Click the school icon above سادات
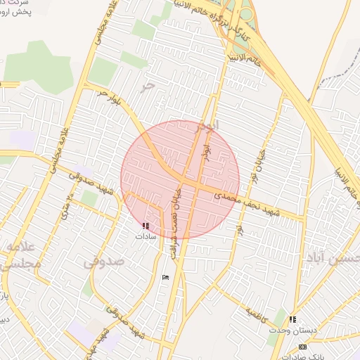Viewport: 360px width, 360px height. click(146, 226)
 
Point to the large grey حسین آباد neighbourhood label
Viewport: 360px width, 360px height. click(331, 257)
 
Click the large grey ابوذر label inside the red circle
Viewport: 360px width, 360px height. click(205, 127)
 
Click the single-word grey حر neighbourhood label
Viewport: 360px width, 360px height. click(146, 85)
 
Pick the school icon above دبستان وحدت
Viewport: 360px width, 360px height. click(292, 319)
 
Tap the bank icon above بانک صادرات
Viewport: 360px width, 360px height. click(302, 347)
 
